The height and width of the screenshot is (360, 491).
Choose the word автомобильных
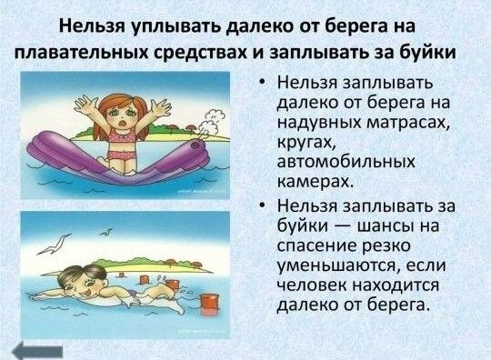click(x=346, y=162)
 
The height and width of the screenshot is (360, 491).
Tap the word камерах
click(x=316, y=182)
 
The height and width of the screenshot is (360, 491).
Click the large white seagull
click(x=54, y=245)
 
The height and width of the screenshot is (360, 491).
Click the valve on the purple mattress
click(x=196, y=145)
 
